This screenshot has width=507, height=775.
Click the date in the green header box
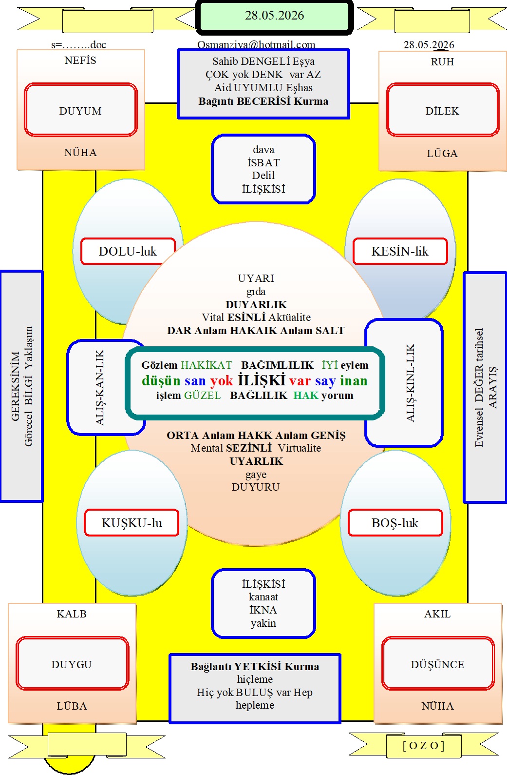pyautogui.click(x=274, y=15)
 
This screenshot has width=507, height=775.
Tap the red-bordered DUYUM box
pyautogui.click(x=80, y=110)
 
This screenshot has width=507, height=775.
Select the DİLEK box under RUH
pyautogui.click(x=442, y=110)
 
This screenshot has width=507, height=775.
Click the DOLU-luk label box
pyautogui.click(x=128, y=251)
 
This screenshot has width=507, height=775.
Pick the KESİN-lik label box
pyautogui.click(x=400, y=251)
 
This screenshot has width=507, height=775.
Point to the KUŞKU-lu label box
pyautogui.click(x=131, y=523)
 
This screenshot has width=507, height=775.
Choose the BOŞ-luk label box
pyautogui.click(x=395, y=523)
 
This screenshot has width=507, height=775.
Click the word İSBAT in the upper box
pyautogui.click(x=263, y=162)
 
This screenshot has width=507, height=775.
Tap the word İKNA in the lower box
pyautogui.click(x=263, y=610)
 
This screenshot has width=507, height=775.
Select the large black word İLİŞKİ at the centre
pyautogui.click(x=261, y=380)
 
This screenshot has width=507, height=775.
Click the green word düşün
pyautogui.click(x=161, y=380)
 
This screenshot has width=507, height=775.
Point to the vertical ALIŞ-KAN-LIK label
pyautogui.click(x=99, y=387)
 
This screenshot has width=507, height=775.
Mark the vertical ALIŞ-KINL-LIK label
pyautogui.click(x=410, y=383)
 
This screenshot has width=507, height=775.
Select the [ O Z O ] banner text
pyautogui.click(x=423, y=745)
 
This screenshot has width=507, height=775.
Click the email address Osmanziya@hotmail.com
pyautogui.click(x=256, y=45)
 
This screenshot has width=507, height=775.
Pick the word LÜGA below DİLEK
pyautogui.click(x=442, y=153)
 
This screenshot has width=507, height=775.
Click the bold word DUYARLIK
pyautogui.click(x=256, y=304)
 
